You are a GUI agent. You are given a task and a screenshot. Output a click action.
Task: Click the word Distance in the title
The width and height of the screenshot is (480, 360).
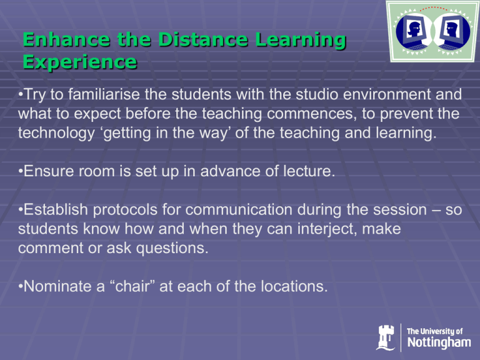[203, 39]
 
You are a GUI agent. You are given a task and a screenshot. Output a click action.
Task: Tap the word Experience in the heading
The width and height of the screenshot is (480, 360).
[80, 62]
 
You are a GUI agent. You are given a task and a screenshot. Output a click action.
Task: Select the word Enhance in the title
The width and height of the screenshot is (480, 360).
[66, 39]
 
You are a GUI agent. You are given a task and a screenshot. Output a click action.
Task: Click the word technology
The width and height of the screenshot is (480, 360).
[56, 133]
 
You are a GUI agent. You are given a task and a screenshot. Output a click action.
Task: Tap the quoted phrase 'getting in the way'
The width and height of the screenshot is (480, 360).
[165, 133]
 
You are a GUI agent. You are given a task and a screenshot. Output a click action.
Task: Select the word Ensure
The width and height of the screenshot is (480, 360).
[49, 171]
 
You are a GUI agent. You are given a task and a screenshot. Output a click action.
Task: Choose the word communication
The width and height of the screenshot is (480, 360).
[239, 210]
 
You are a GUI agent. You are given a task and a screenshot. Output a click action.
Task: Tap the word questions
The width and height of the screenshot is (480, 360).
[172, 248]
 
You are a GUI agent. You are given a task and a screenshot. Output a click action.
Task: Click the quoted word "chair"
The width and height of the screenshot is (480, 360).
[132, 286]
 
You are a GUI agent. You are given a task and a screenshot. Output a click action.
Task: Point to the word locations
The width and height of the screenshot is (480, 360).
[294, 286]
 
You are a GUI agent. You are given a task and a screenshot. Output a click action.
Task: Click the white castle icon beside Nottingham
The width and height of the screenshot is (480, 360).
[386, 337]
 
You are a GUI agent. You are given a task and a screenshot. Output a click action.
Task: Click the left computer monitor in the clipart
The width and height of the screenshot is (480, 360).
[412, 30]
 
